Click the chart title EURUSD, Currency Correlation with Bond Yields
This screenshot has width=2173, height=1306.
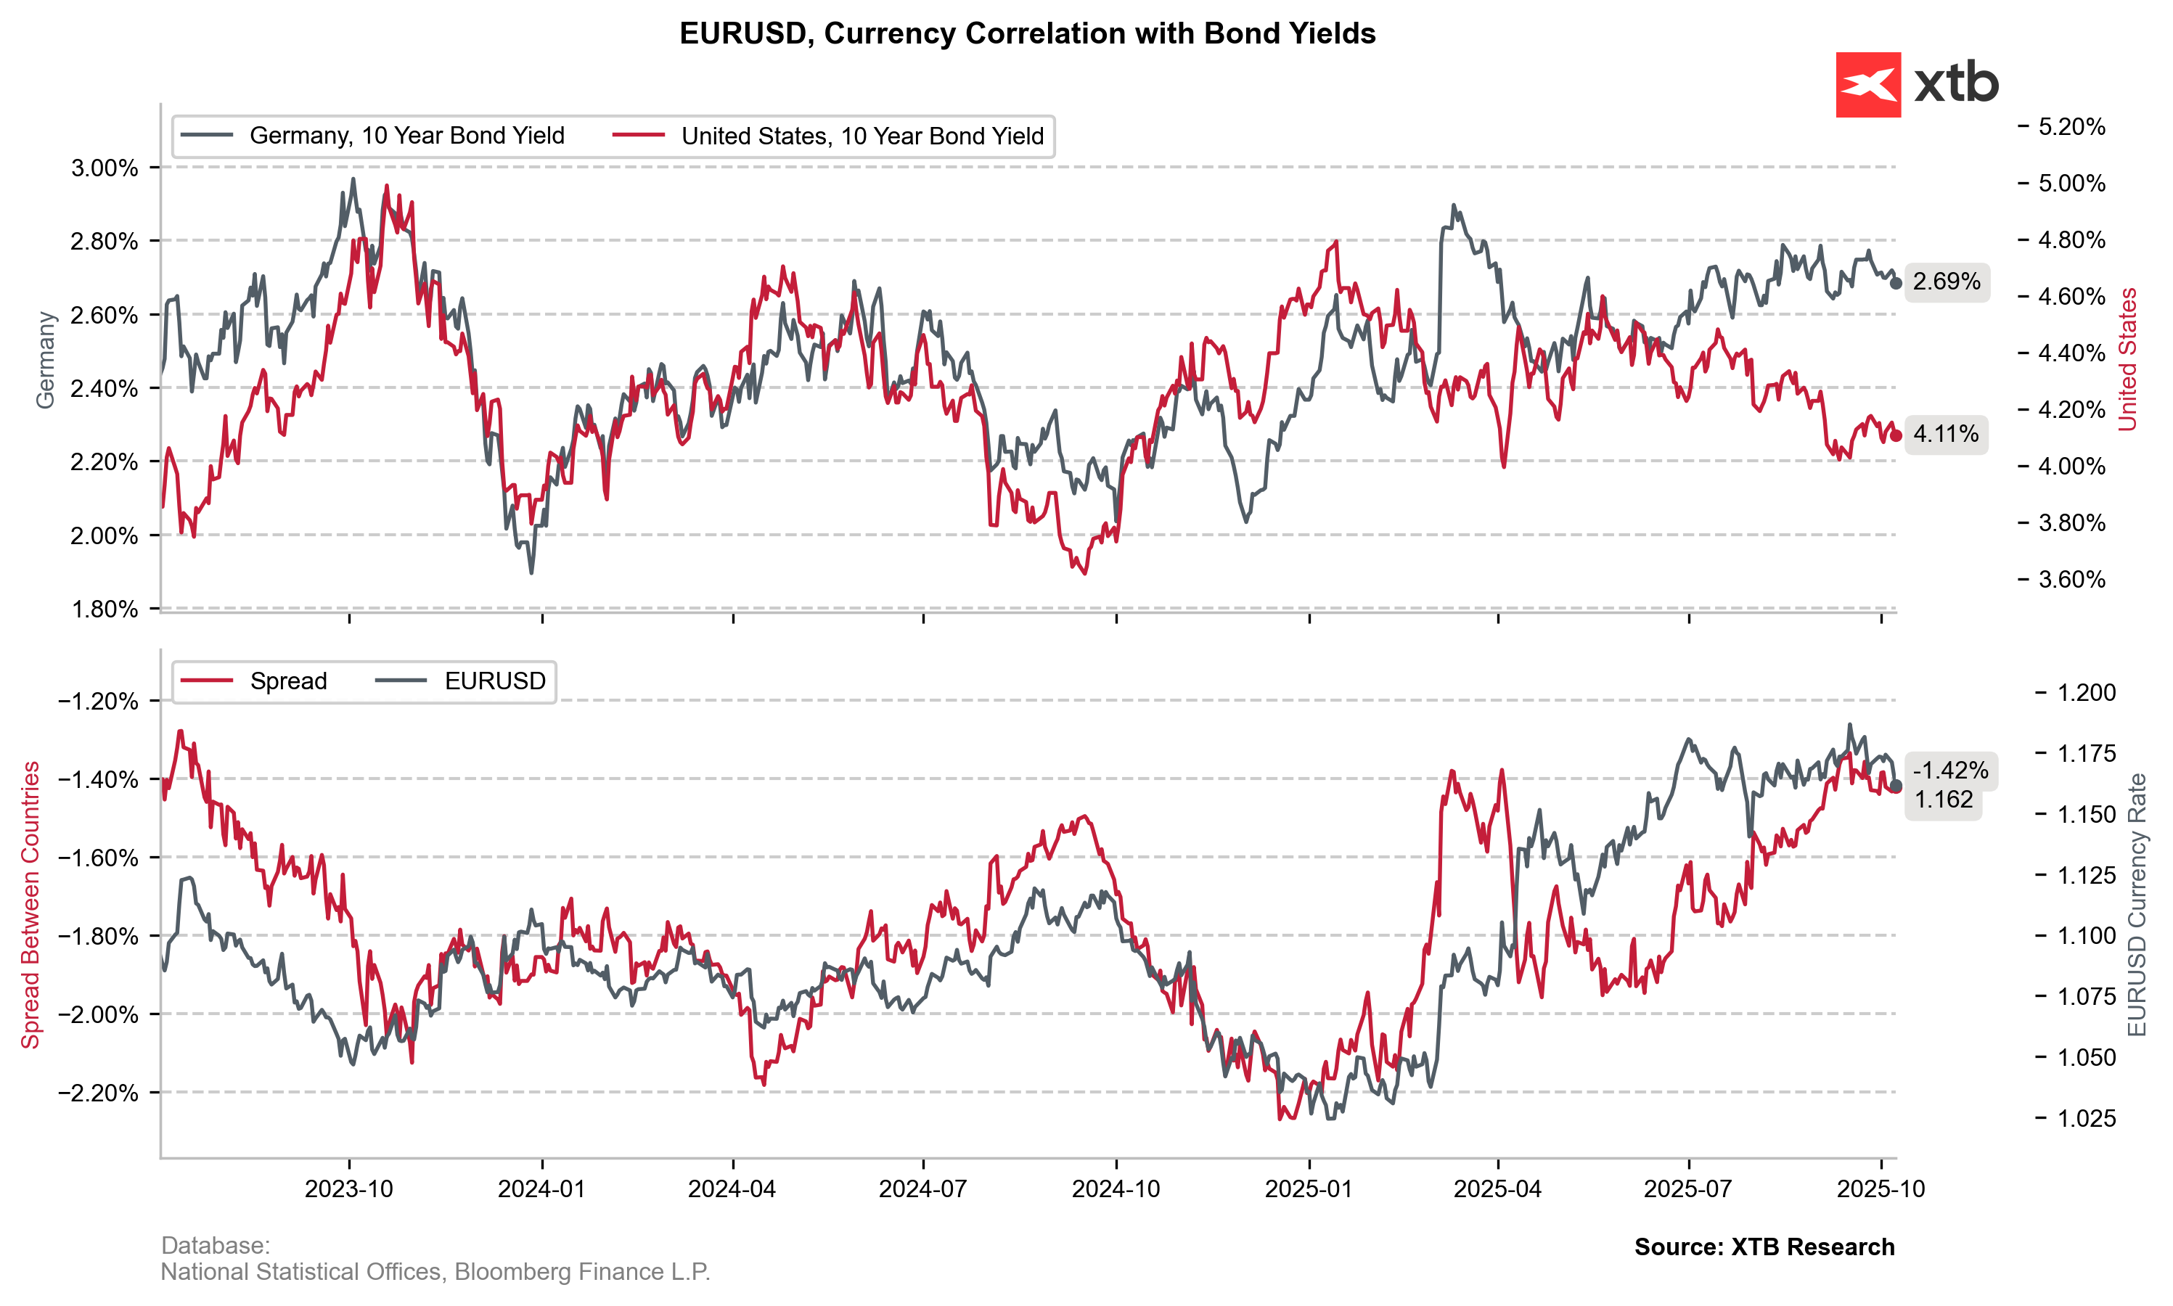(x=1027, y=33)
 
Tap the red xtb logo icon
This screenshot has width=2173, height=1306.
(x=1867, y=84)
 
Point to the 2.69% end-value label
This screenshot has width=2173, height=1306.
(x=1946, y=282)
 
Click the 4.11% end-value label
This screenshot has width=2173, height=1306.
(x=1945, y=434)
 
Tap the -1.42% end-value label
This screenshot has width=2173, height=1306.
(x=1950, y=770)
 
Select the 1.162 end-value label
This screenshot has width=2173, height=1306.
(x=1944, y=799)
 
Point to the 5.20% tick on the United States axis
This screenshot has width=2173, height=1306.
(x=2071, y=127)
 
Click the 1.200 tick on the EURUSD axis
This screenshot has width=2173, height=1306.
(x=2086, y=693)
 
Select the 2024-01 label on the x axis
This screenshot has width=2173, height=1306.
(x=541, y=1189)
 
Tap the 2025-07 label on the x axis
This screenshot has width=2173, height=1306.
(x=1687, y=1189)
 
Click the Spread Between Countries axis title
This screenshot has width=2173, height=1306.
(x=30, y=905)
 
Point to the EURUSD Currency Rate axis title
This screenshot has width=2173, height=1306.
(x=2137, y=905)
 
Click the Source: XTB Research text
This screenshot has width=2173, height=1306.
(x=1764, y=1247)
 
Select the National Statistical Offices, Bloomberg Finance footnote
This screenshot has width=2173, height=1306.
(x=435, y=1272)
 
